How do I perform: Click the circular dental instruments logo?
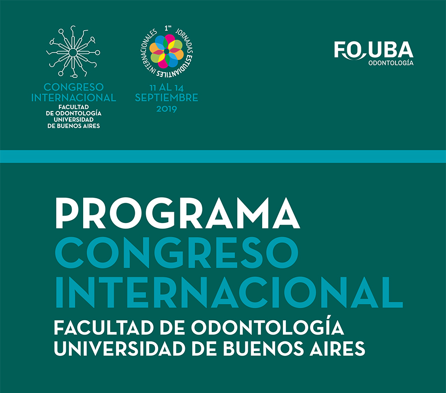coord(73,52)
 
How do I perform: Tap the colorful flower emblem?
coord(167,52)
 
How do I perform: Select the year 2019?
coord(167,109)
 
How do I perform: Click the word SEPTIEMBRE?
coord(167,98)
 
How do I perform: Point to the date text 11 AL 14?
coord(167,88)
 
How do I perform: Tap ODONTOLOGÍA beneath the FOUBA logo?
coord(391,63)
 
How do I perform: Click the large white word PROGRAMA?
coord(177,213)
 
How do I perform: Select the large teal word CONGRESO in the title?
coord(176,253)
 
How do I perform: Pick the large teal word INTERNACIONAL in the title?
coord(228,292)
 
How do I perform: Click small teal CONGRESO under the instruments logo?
coord(73,87)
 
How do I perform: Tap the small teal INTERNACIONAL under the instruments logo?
coord(73,98)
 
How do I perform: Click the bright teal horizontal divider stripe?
coord(223,157)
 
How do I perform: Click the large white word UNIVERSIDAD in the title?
coord(120,348)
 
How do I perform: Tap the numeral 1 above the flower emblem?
coord(166,28)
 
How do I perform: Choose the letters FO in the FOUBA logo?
coord(349,50)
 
